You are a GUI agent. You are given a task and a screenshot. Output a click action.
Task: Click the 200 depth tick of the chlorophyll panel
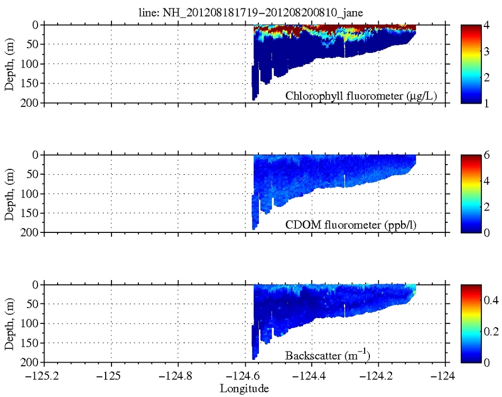(30, 103)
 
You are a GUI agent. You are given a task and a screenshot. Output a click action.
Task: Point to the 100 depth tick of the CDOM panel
(30, 194)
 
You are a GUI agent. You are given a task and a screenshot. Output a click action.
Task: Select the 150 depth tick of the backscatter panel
(30, 343)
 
